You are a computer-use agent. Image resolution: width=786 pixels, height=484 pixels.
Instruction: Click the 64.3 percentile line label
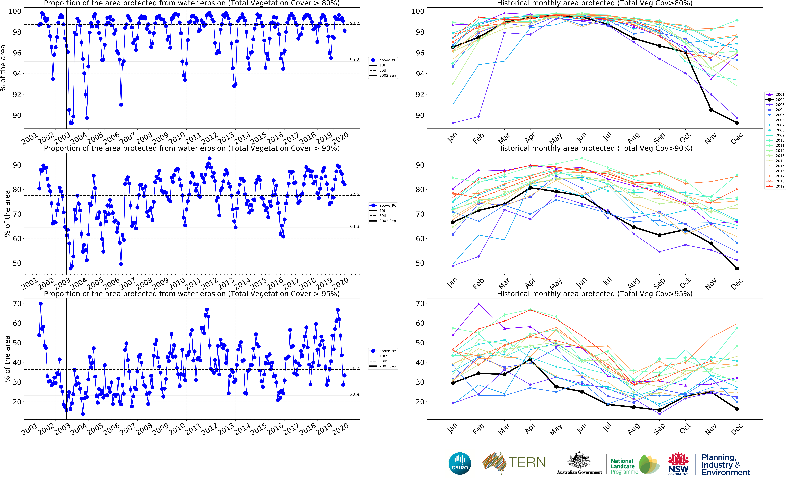point(354,226)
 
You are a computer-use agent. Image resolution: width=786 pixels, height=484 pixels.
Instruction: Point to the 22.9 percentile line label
point(354,394)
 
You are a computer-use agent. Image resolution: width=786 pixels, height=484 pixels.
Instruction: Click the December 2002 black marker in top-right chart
point(737,123)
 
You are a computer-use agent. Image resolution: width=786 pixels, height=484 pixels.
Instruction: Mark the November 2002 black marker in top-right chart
point(711,110)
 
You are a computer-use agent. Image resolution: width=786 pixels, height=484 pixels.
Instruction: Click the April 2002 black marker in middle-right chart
point(530,188)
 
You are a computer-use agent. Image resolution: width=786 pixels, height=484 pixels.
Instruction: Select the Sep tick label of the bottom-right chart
point(659,429)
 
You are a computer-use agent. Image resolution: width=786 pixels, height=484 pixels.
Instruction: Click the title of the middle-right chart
point(595,148)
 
